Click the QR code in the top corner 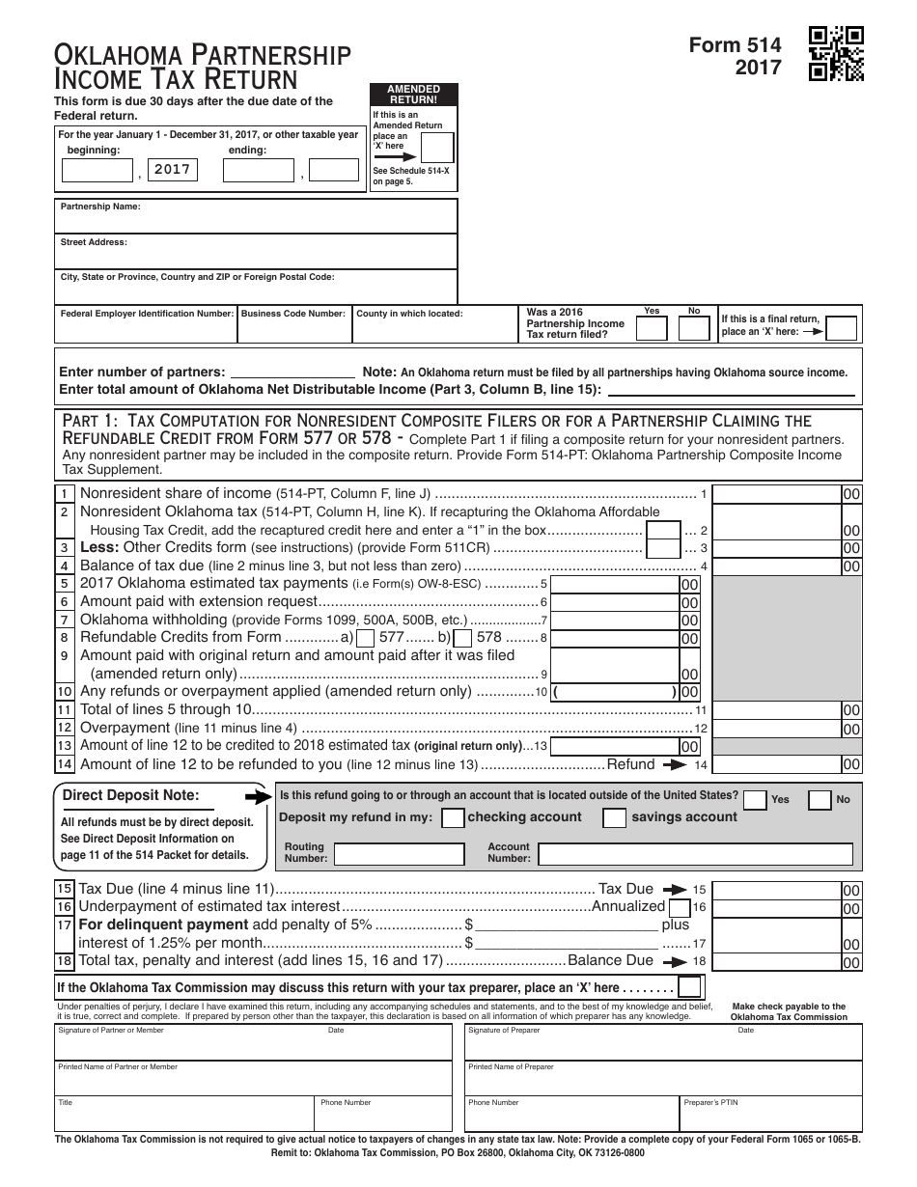tap(836, 53)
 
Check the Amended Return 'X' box tap(437, 148)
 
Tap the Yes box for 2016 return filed tap(652, 328)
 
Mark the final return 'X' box tap(842, 328)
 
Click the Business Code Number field tap(294, 329)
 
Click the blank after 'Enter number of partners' tap(292, 372)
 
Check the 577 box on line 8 tap(366, 638)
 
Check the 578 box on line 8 tap(462, 638)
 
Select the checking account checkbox tap(452, 818)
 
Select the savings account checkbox tap(614, 818)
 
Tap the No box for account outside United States tap(820, 800)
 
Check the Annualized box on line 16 tap(679, 908)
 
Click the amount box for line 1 tap(777, 494)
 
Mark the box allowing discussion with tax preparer tap(689, 987)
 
